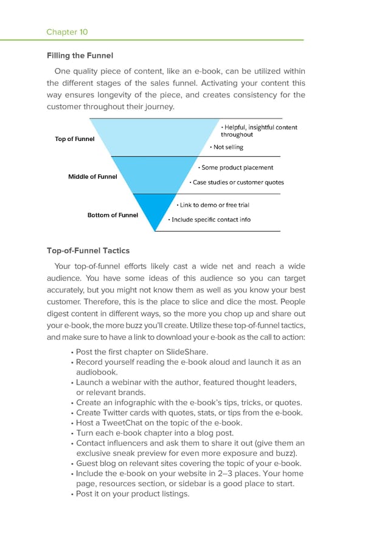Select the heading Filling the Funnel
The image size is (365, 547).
[x=80, y=56]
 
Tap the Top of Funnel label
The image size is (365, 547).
[x=75, y=139]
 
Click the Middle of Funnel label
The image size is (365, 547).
[x=92, y=177]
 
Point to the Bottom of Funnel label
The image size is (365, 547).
[x=113, y=215]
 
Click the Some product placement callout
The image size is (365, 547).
[x=237, y=168]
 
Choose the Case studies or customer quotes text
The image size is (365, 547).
[x=238, y=182]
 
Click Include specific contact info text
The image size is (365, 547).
[x=210, y=219]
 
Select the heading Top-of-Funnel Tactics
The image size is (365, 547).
[x=88, y=250]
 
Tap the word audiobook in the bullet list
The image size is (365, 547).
[x=97, y=372]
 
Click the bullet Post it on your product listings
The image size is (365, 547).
[x=133, y=494]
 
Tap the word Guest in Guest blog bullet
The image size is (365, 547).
[x=88, y=463]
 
